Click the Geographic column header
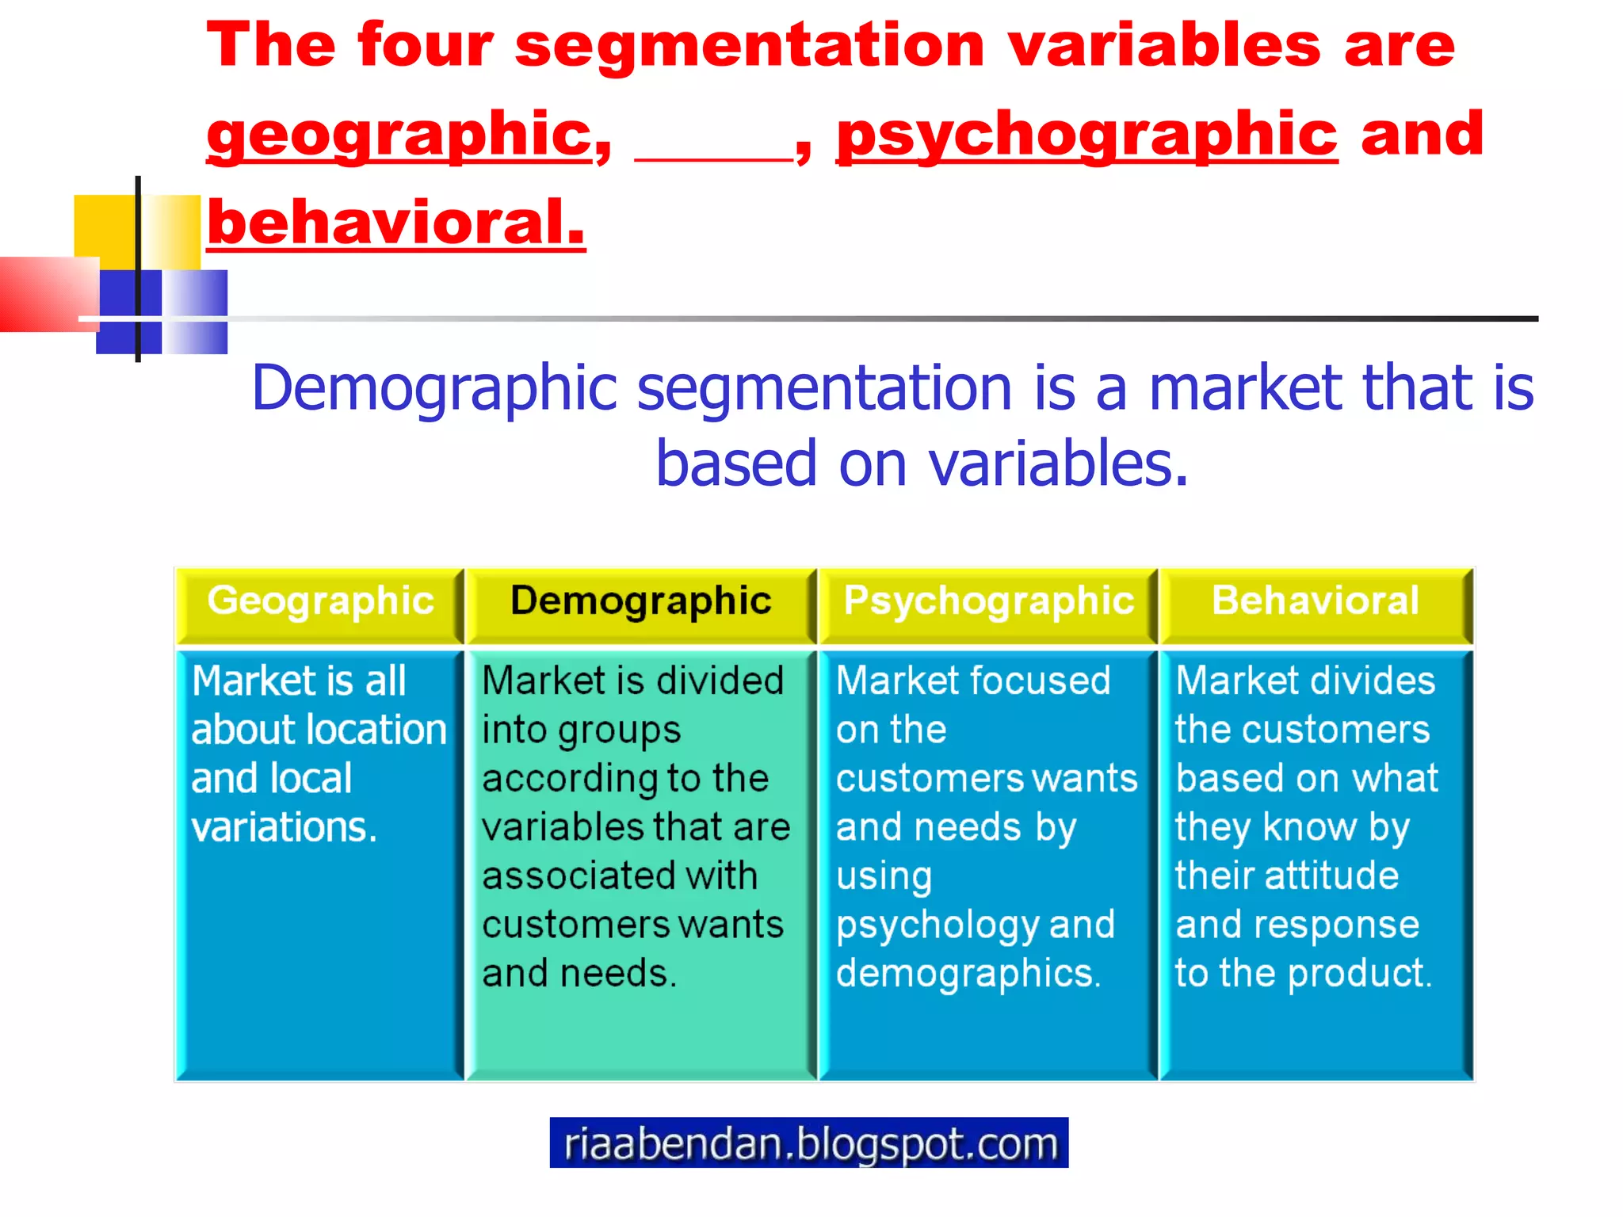coord(320,601)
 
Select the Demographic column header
coord(640,601)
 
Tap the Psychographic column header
coord(988,601)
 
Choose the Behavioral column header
coord(1316,601)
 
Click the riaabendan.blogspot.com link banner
coord(809,1143)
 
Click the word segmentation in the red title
coord(750,45)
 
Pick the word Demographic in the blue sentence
coord(434,388)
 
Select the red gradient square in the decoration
coord(48,293)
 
